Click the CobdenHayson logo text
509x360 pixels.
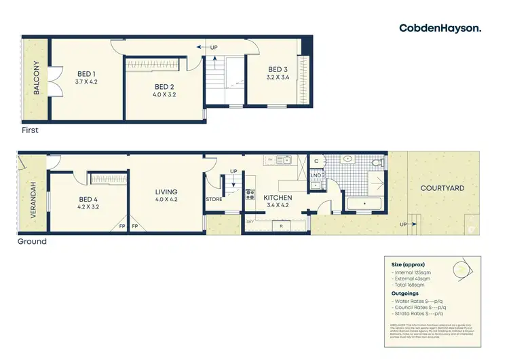coord(440,28)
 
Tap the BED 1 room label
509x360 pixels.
coord(86,73)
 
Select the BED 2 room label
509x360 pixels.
coord(165,86)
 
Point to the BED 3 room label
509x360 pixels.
coord(278,69)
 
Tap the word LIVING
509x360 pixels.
coord(166,192)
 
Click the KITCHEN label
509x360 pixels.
coord(278,198)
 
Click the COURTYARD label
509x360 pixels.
coord(442,187)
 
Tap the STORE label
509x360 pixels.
coord(214,199)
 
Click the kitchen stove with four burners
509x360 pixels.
coord(250,194)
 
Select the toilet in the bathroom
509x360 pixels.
coord(378,162)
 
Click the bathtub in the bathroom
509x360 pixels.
coord(365,203)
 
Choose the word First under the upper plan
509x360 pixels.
coord(30,130)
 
